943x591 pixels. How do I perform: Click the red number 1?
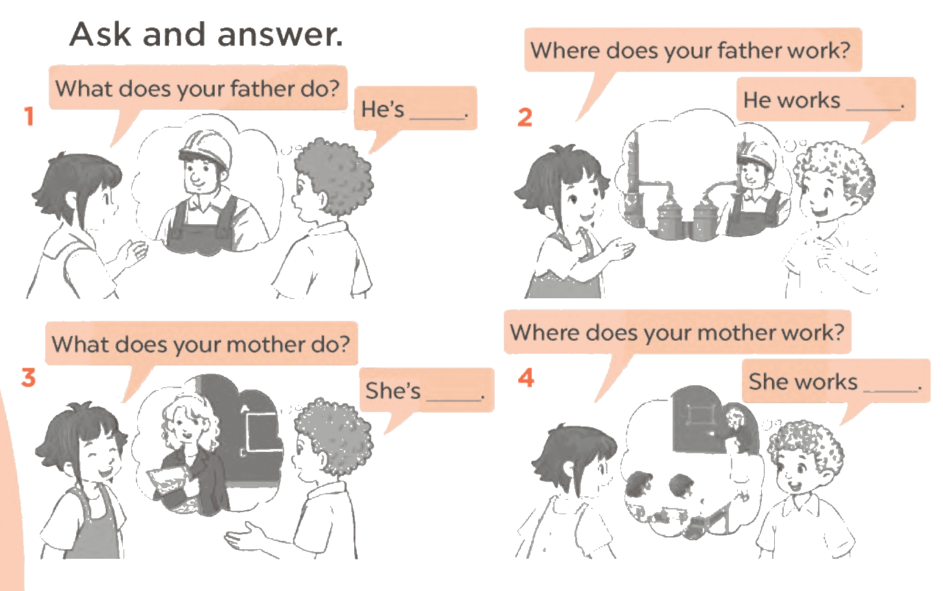29,116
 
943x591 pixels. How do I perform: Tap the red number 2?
525,117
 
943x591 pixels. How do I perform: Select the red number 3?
29,377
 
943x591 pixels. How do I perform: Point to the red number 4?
526,377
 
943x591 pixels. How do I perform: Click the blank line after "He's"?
436,118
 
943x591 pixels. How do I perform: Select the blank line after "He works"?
873,109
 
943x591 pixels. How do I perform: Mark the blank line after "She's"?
453,399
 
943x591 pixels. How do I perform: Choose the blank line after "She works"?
890,390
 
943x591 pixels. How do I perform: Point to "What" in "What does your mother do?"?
80,344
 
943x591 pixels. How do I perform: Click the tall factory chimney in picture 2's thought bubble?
631,177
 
